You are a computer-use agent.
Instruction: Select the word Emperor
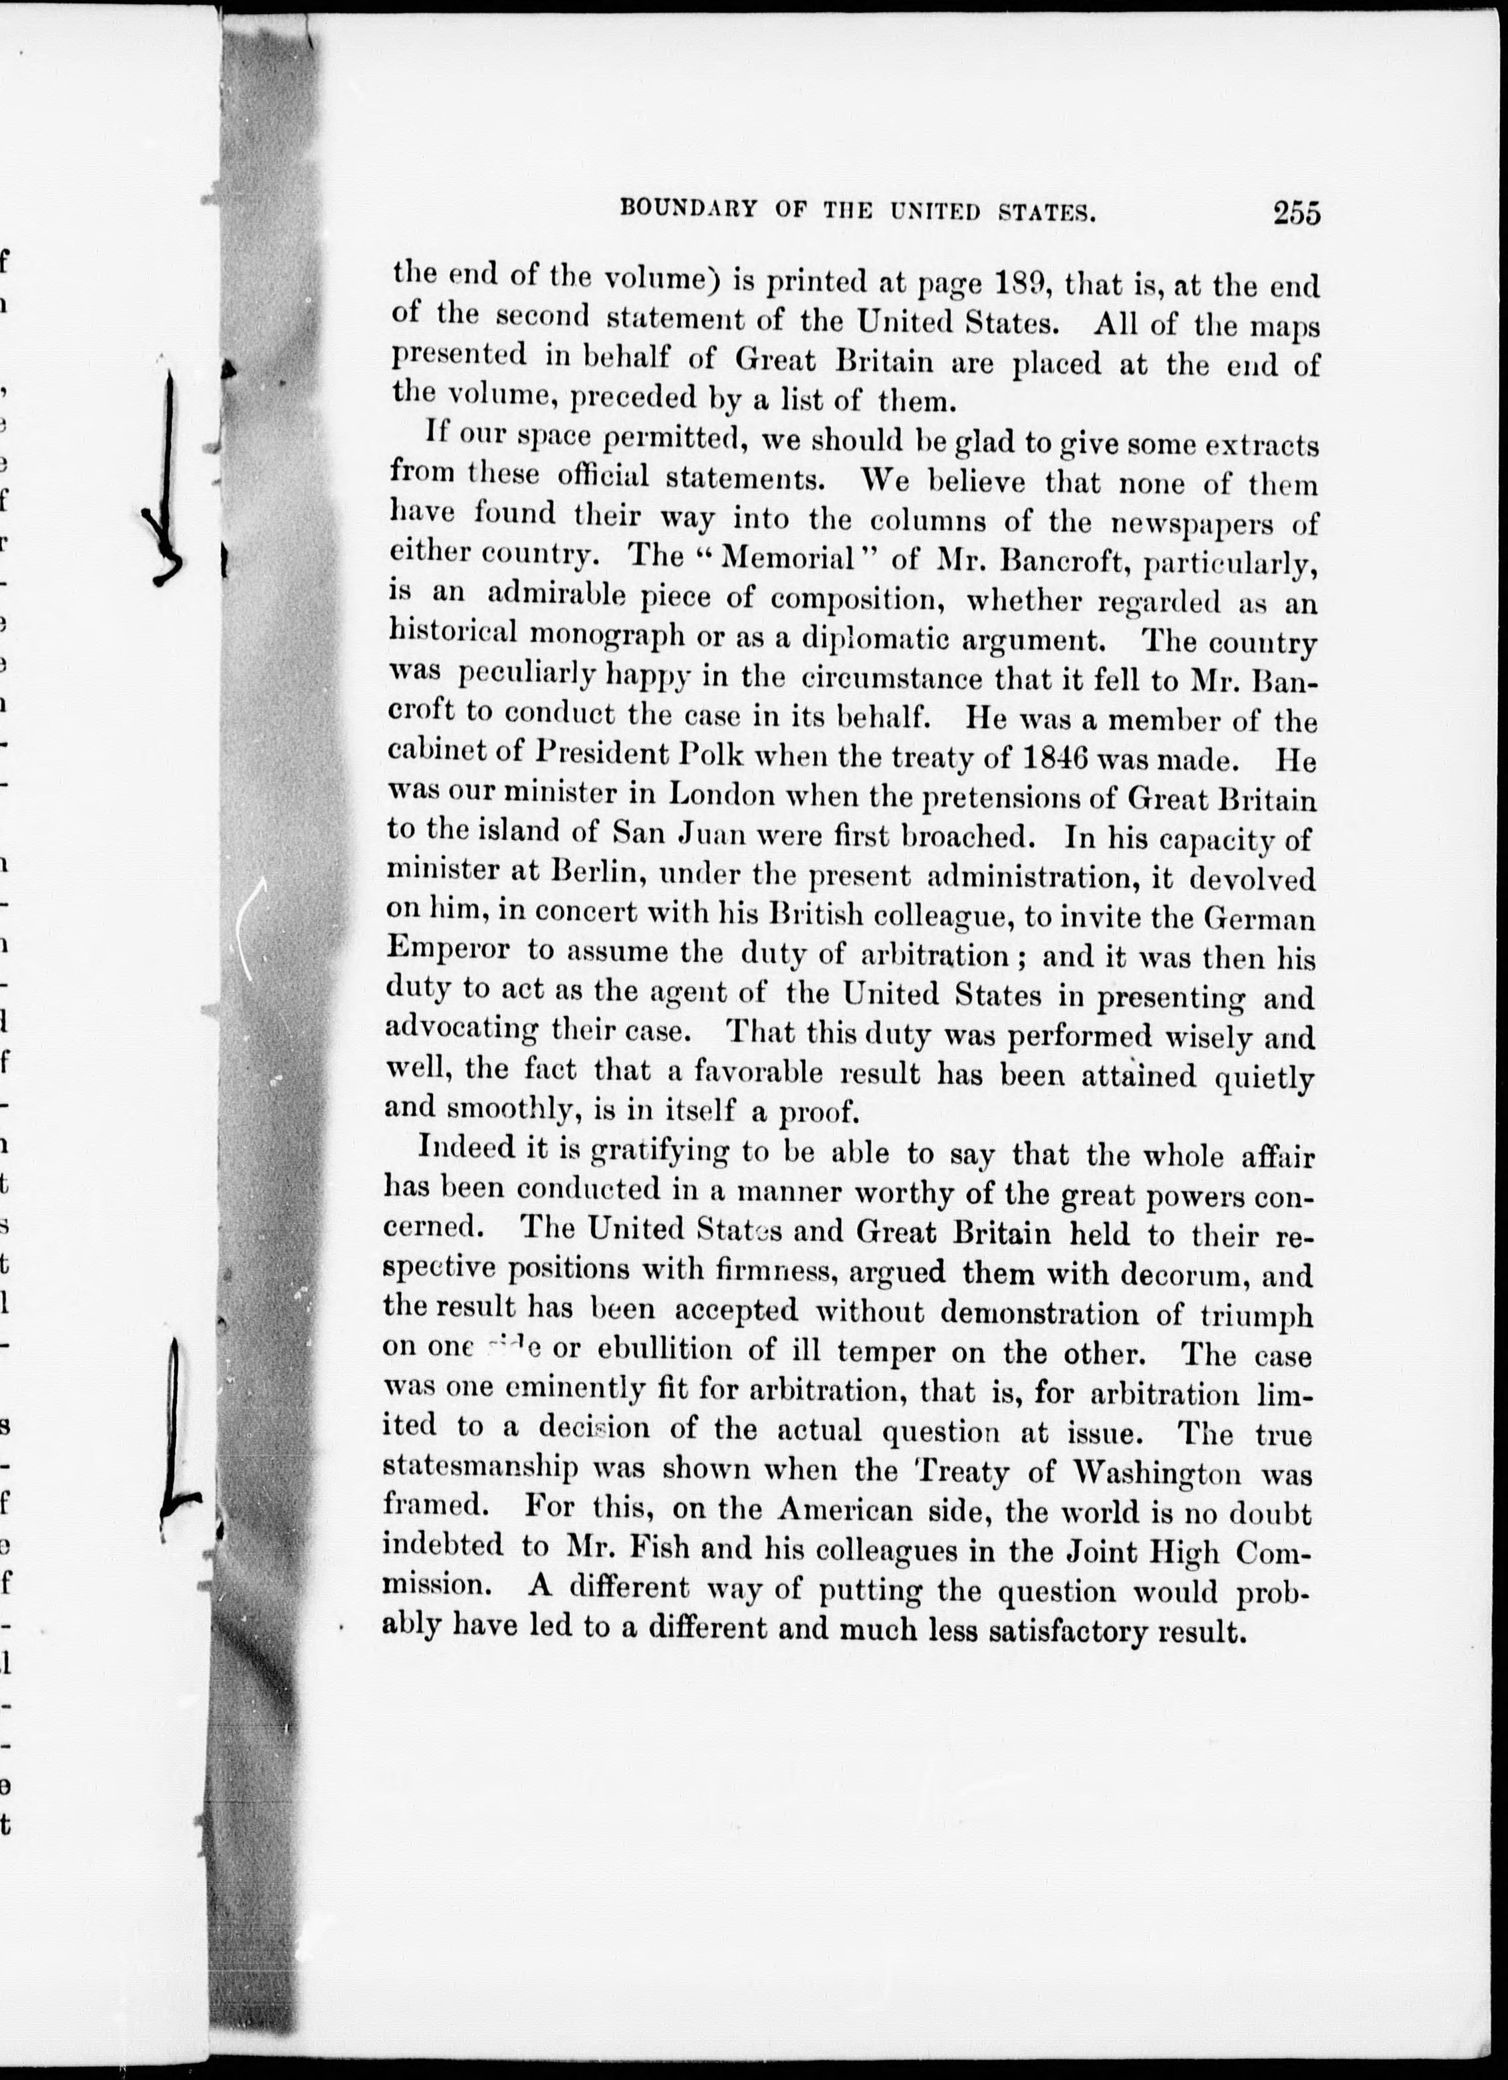[x=449, y=950]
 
